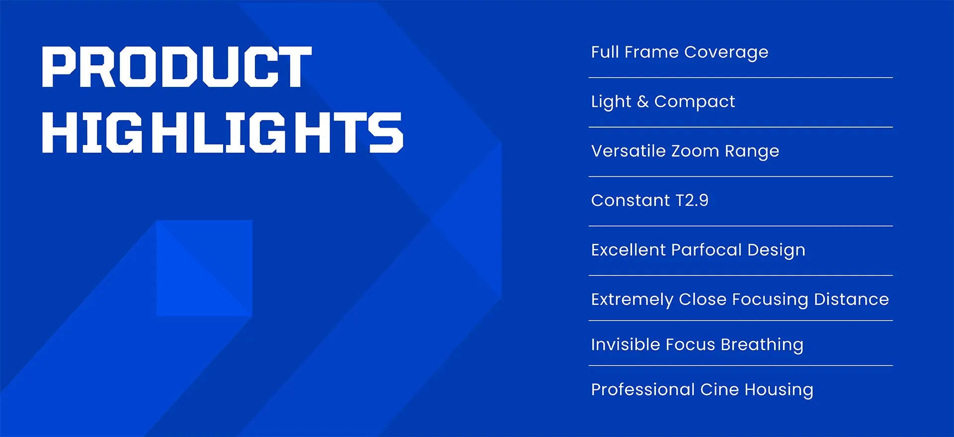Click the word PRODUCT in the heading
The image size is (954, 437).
click(177, 67)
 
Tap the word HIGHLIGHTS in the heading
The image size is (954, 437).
click(223, 132)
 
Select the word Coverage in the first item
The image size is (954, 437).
click(726, 52)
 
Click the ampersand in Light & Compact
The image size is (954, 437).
click(643, 101)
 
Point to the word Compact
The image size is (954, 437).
click(695, 102)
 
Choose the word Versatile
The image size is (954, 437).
click(629, 150)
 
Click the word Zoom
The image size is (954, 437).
click(695, 151)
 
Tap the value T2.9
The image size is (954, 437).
click(692, 200)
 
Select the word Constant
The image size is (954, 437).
click(631, 200)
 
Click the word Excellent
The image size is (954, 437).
click(629, 250)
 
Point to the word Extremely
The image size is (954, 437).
click(633, 300)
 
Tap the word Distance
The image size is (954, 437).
click(852, 299)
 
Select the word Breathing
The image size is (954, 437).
click(762, 345)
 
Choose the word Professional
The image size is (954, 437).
click(643, 389)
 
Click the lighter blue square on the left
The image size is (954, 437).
click(204, 268)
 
